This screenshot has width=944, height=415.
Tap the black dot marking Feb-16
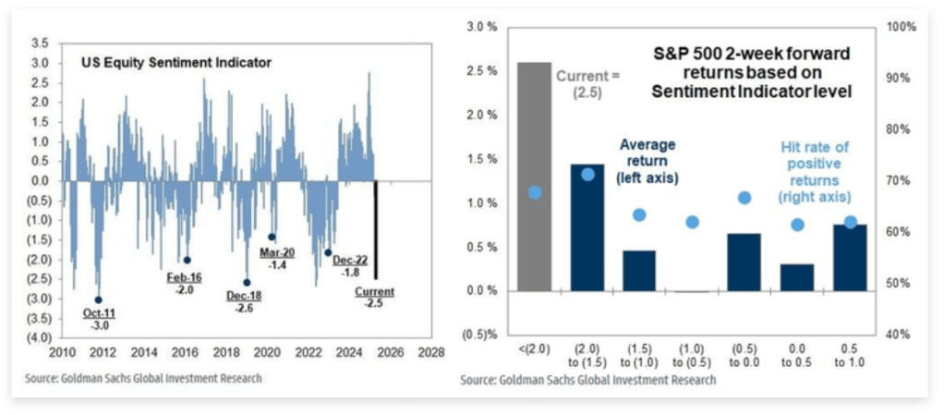point(187,260)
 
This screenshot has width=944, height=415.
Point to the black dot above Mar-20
point(272,238)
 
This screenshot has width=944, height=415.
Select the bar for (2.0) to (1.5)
point(587,227)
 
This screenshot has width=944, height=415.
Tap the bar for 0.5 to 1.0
point(850,258)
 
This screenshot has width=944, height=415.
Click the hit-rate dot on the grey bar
point(534,192)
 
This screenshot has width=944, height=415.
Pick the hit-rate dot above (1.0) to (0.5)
point(692,222)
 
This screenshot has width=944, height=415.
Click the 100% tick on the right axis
point(902,27)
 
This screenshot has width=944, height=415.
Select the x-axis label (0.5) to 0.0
point(744,355)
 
